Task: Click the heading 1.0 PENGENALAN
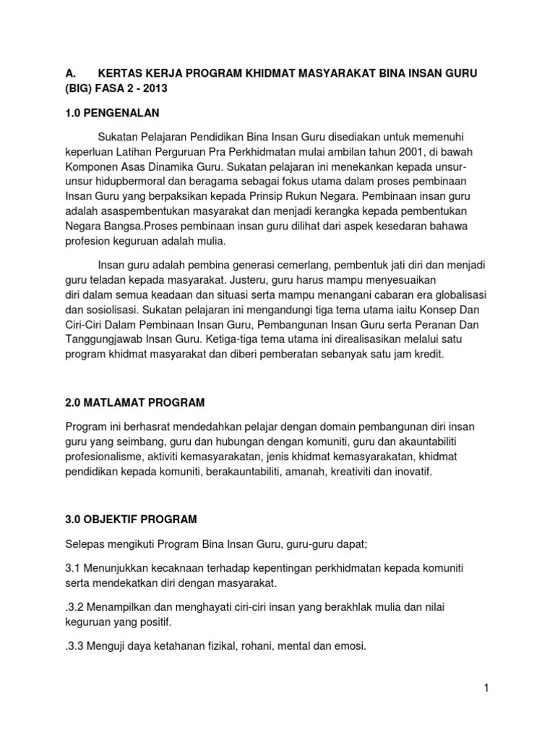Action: tap(112, 114)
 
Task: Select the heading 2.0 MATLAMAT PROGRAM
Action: tap(135, 402)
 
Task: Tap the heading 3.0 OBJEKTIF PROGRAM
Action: tap(131, 520)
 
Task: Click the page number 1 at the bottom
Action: tap(487, 688)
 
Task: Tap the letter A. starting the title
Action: tap(70, 75)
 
